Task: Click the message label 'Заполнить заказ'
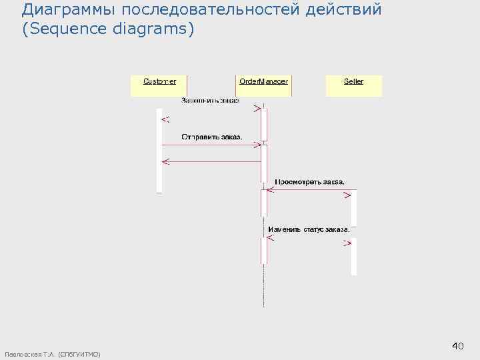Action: (x=211, y=101)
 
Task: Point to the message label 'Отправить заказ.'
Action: (x=212, y=137)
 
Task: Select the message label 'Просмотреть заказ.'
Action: (x=310, y=181)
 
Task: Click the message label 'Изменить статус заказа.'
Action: (x=309, y=229)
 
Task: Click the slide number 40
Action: (x=457, y=346)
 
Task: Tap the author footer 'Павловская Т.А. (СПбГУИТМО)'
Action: (x=52, y=353)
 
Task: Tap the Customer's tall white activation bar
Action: (x=159, y=150)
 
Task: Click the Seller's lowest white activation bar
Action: (x=354, y=257)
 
